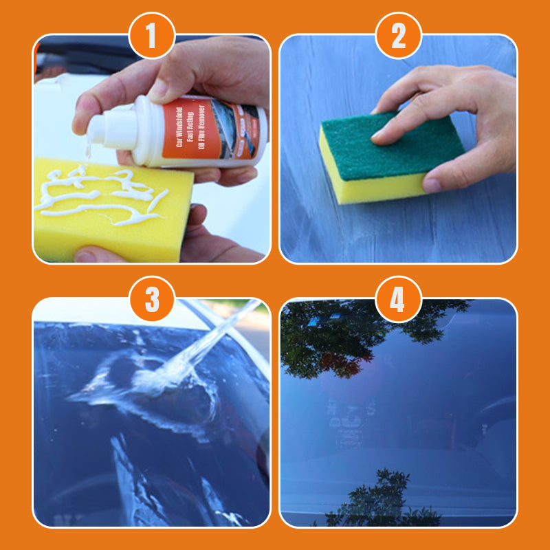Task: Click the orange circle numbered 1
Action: pyautogui.click(x=151, y=36)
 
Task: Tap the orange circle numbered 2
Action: pyautogui.click(x=399, y=36)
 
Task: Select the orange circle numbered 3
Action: pyautogui.click(x=151, y=299)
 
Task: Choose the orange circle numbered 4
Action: pyautogui.click(x=399, y=299)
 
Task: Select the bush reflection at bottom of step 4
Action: pyautogui.click(x=385, y=498)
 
